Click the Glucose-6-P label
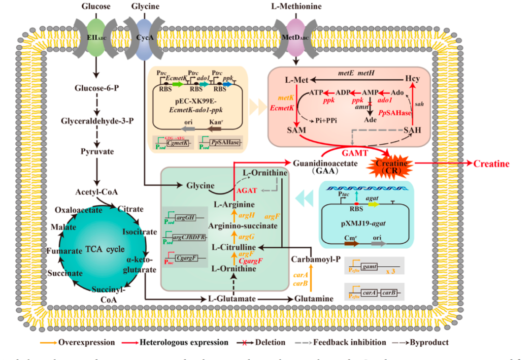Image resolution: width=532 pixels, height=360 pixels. [x=95, y=88]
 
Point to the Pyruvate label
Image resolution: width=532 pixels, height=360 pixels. [x=97, y=152]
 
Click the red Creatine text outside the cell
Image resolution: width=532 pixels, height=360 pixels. [x=491, y=164]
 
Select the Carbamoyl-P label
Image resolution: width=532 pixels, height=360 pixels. [x=312, y=259]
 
